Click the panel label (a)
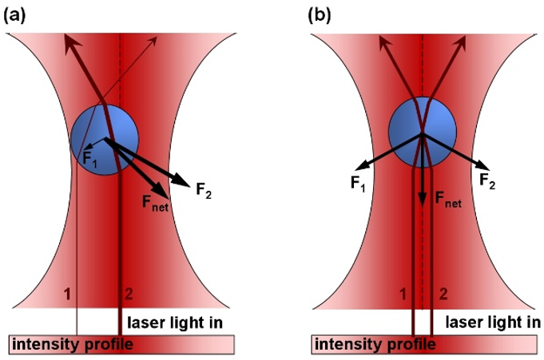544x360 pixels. (14, 16)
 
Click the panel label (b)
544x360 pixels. (320, 16)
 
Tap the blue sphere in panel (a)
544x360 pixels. (105, 140)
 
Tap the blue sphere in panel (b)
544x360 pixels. (423, 133)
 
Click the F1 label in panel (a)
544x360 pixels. (90, 159)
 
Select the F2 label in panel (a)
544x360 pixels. (204, 191)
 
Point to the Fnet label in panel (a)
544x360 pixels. (155, 203)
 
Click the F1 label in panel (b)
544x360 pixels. (358, 183)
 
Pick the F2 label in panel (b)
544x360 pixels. (487, 180)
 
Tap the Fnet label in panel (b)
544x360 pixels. (448, 200)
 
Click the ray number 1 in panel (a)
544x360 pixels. (67, 294)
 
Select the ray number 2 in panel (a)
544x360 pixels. (129, 294)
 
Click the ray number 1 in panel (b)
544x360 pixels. (403, 294)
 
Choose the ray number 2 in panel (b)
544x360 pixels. (443, 294)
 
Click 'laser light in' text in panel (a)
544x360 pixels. (175, 322)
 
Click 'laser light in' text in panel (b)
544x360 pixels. (493, 322)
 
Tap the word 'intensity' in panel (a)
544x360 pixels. (43, 344)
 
